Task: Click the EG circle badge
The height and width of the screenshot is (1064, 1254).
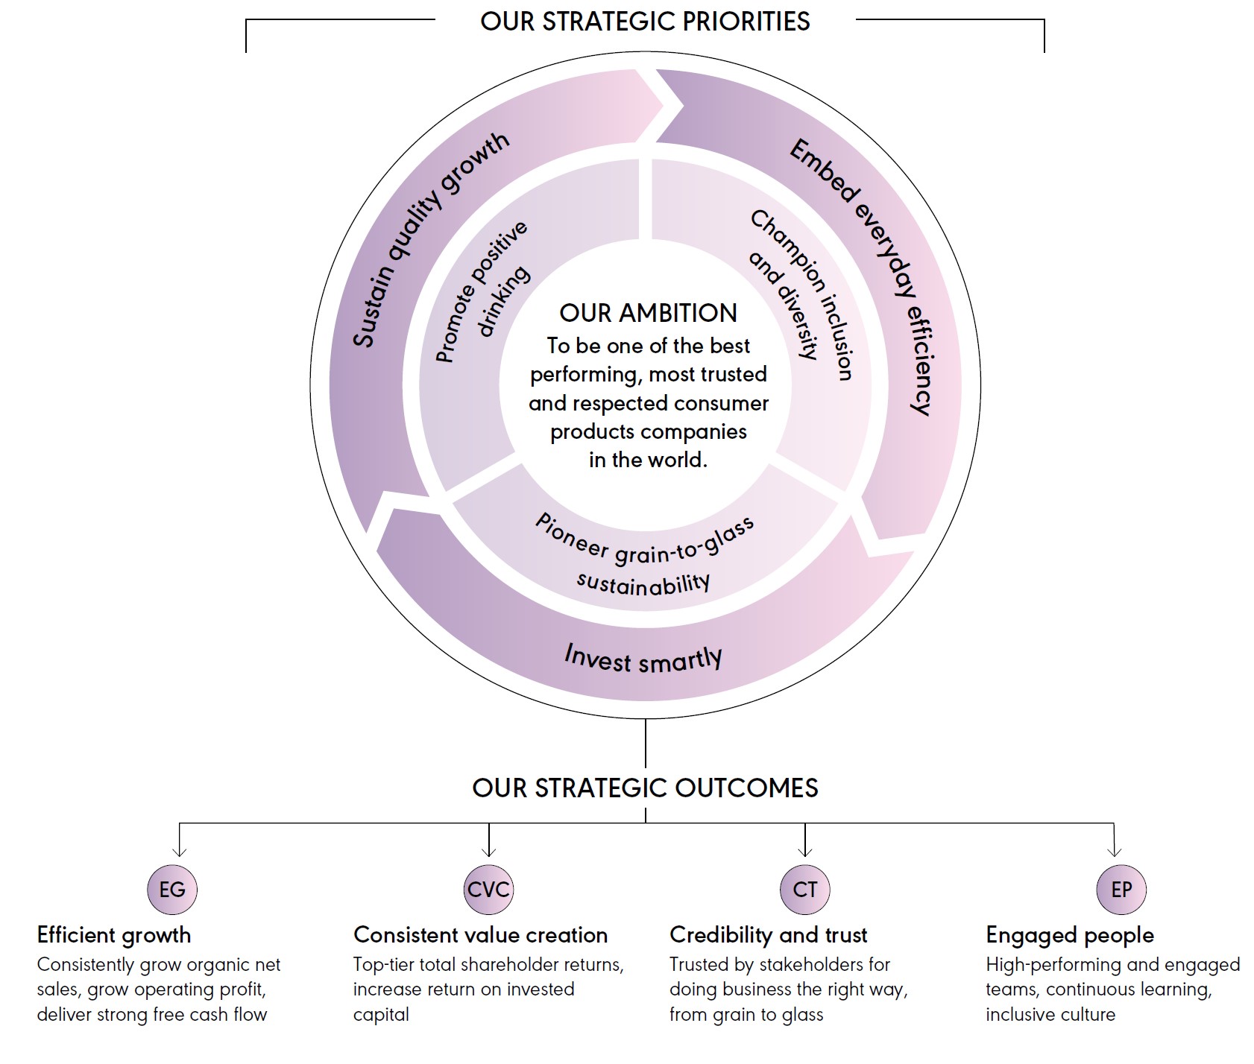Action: coord(172,889)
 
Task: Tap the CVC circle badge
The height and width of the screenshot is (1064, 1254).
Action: coord(488,889)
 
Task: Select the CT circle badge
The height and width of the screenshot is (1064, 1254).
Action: coord(804,889)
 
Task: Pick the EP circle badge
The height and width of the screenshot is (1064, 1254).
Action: coord(1121,889)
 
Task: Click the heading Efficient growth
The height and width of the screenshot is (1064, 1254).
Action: coord(114,935)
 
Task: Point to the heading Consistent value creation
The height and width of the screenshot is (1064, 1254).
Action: coord(480,935)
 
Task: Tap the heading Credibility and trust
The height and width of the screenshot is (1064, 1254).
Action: coord(768,935)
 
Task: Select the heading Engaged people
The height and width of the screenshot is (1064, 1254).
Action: coord(1069,935)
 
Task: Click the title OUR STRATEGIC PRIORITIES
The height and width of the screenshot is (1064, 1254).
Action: coord(645,22)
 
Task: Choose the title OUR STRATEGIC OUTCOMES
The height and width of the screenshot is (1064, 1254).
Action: coord(645,788)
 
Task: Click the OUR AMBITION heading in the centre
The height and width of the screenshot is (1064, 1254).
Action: coord(648,313)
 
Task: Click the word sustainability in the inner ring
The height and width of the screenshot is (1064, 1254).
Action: coord(643,583)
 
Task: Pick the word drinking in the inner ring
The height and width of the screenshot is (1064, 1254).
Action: coord(504,301)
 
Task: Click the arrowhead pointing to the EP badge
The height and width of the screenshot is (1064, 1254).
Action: coord(1114,851)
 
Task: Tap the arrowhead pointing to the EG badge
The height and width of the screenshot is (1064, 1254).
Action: coord(179,851)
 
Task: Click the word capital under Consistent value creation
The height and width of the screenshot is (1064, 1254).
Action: coord(381,1015)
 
